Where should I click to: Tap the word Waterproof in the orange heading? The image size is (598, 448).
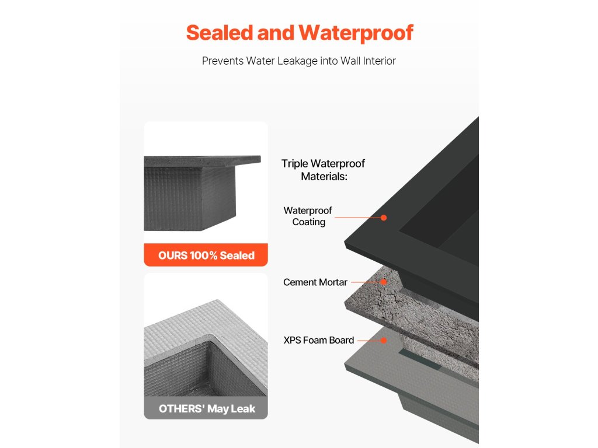tap(356, 33)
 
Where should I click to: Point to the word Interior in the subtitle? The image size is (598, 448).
tap(375, 61)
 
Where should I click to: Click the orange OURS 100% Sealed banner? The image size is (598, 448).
tap(206, 255)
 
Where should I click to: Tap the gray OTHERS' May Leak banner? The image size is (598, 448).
tap(206, 408)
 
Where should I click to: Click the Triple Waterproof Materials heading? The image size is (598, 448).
tap(324, 170)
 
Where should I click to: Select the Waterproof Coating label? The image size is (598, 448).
tap(308, 216)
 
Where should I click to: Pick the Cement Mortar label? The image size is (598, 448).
tap(315, 282)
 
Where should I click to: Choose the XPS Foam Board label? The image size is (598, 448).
tap(319, 340)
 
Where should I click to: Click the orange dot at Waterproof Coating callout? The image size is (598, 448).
tap(384, 218)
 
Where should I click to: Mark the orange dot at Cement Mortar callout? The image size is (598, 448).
tap(384, 282)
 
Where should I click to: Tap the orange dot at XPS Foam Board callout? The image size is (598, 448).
tap(384, 340)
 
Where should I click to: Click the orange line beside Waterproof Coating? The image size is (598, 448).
tap(359, 218)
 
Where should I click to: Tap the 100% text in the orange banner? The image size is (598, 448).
tap(204, 255)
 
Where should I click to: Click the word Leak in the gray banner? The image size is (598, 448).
tap(242, 408)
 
